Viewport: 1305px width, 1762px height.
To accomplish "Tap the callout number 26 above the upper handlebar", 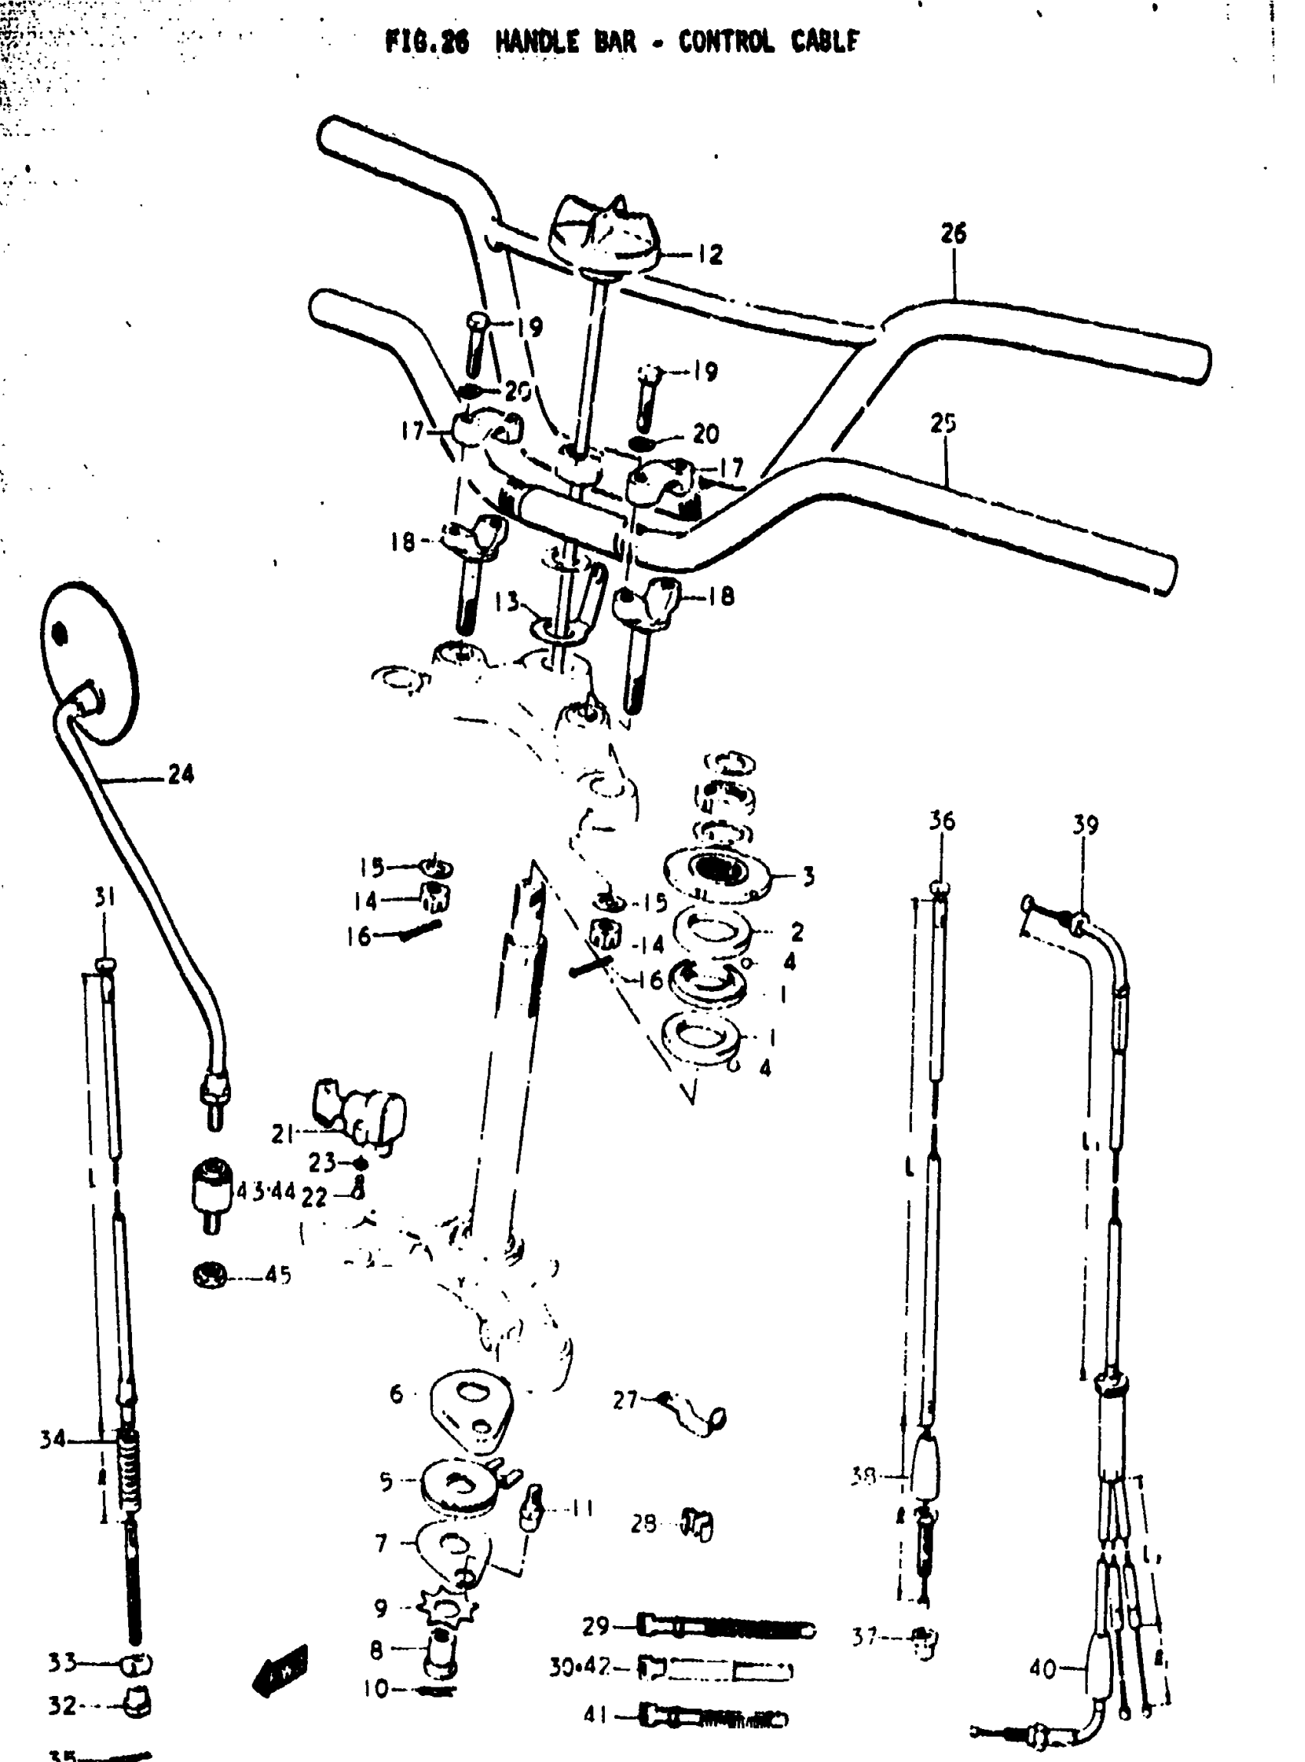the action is coord(953,233).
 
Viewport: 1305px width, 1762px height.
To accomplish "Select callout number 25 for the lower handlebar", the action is coord(943,425).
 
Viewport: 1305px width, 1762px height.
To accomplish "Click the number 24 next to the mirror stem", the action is coord(181,775).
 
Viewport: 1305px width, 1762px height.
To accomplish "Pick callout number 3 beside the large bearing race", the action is coord(808,876).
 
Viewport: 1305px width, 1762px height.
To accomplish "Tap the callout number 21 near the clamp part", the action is coord(282,1135).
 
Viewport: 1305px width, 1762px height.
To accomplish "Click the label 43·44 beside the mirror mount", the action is coord(266,1192).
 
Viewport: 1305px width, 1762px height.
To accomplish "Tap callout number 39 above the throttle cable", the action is coord(1085,825).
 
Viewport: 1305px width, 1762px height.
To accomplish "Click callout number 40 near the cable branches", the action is coord(1042,1669).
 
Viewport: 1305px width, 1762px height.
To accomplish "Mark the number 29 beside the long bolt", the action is coord(596,1626).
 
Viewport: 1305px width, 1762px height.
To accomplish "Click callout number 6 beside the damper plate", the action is coord(397,1393).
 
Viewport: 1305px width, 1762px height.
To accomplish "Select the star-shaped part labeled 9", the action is coord(447,1606).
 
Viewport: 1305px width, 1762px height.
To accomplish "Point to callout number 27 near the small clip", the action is coord(625,1400).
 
